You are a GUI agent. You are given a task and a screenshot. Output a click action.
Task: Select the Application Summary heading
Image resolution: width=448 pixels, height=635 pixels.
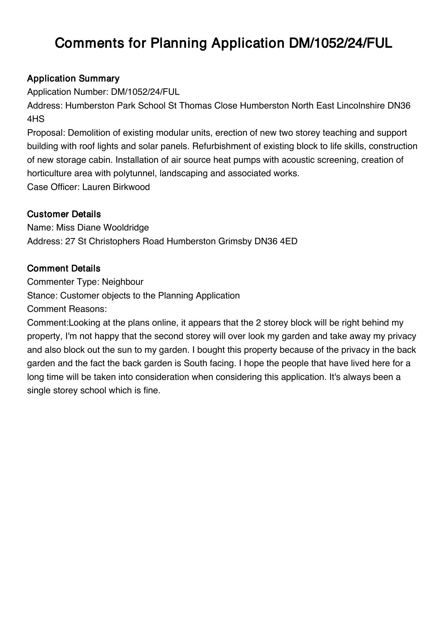pos(73,79)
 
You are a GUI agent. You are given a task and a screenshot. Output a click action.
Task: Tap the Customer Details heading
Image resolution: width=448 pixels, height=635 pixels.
pos(64,214)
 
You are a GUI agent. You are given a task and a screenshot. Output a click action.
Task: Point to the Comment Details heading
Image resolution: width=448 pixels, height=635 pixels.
pos(64,268)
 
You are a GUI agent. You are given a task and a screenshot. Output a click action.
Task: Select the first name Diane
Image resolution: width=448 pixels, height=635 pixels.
pos(89,228)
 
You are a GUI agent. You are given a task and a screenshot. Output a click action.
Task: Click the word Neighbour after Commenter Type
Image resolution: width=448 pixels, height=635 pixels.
pos(122,282)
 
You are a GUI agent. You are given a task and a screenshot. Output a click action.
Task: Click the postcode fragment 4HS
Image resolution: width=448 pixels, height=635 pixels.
pos(36,119)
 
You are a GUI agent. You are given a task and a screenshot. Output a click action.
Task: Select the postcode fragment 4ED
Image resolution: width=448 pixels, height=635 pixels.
pos(289,241)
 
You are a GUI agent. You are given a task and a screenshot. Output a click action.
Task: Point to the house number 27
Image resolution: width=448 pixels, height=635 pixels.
pos(70,241)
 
